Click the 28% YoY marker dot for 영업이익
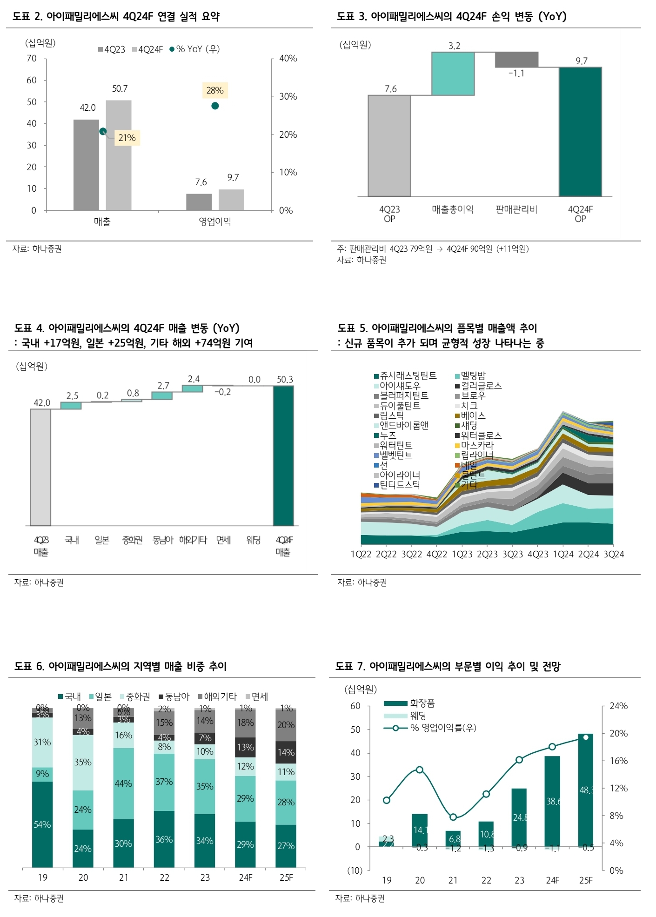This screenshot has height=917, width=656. [215, 106]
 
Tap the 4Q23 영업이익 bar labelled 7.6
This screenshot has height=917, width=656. [199, 202]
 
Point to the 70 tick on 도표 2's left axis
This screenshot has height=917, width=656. [32, 59]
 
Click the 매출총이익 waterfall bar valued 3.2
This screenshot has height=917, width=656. [453, 74]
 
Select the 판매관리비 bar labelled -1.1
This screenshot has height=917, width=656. [516, 60]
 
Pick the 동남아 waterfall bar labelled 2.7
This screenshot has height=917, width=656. [162, 395]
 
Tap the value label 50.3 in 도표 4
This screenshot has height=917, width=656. [285, 380]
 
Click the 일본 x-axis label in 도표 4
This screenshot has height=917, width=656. [102, 540]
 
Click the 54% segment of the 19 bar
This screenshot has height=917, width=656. [42, 824]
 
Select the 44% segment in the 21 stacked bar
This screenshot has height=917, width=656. [123, 783]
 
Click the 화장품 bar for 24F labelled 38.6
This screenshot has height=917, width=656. [552, 801]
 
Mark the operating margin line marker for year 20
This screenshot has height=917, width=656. [420, 770]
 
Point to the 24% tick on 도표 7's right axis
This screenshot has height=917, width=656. [618, 706]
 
